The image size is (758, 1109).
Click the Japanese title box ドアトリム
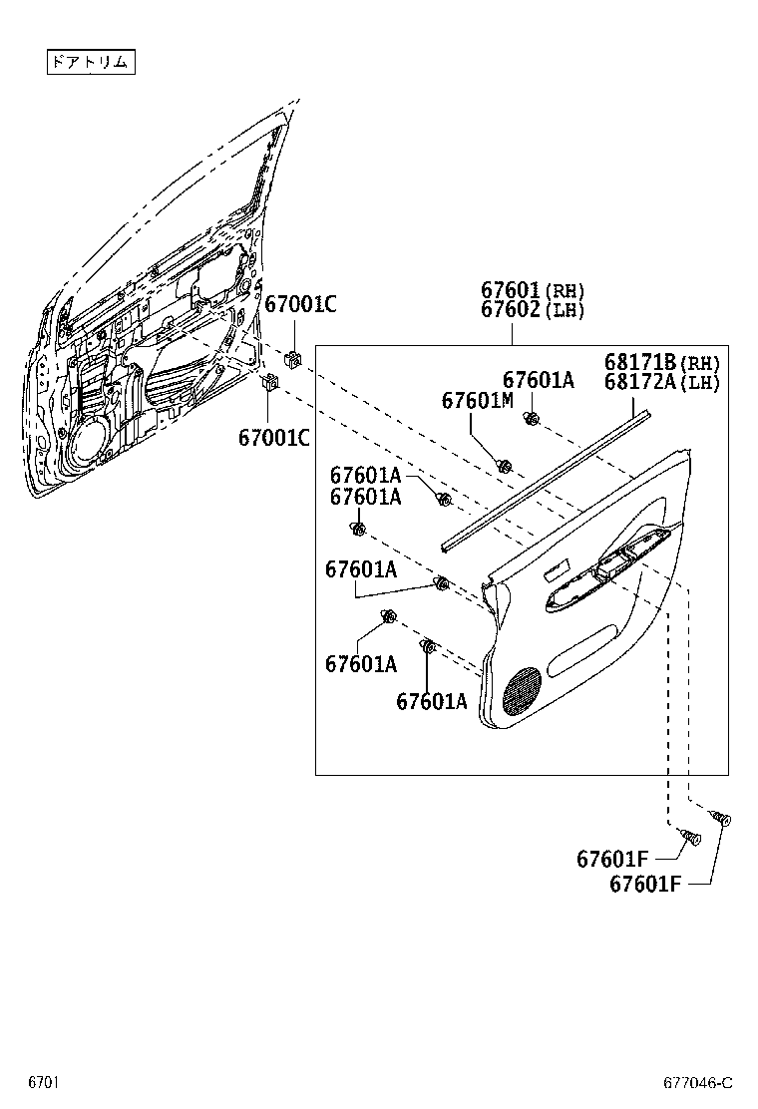pos(90,62)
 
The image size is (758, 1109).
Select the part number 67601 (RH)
pos(532,290)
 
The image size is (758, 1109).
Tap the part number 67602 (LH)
pos(532,309)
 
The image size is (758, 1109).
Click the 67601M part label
pos(477,400)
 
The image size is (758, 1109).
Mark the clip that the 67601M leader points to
pos(505,465)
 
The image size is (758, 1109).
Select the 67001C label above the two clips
pos(299,305)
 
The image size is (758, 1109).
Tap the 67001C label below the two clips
pos(273,437)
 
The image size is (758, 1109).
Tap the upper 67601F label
pos(612,859)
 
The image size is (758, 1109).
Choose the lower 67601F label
pos(645,884)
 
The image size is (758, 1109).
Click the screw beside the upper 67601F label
pos(688,839)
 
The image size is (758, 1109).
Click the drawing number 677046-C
pos(698,1083)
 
